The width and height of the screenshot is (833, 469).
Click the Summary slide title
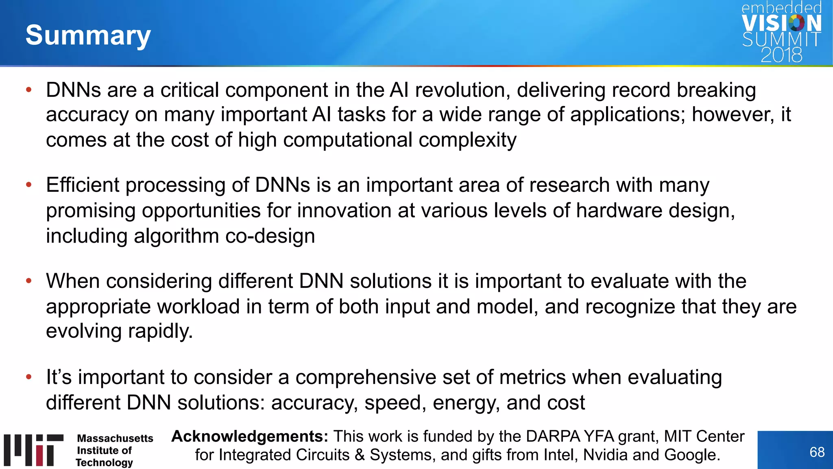point(88,35)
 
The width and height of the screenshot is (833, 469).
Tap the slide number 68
point(817,452)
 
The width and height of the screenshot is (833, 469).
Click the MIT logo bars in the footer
point(34,449)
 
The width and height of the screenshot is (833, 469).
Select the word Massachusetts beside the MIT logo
point(115,438)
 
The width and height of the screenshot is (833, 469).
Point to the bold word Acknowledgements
point(249,436)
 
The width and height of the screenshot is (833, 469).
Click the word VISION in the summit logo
point(781,24)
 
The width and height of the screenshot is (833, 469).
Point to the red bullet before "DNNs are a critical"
point(28,90)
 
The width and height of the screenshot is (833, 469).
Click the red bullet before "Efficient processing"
point(28,185)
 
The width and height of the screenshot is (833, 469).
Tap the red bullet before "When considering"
point(28,281)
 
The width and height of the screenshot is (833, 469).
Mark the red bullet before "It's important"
point(28,377)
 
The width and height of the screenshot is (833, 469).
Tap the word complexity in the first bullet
point(467,140)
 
